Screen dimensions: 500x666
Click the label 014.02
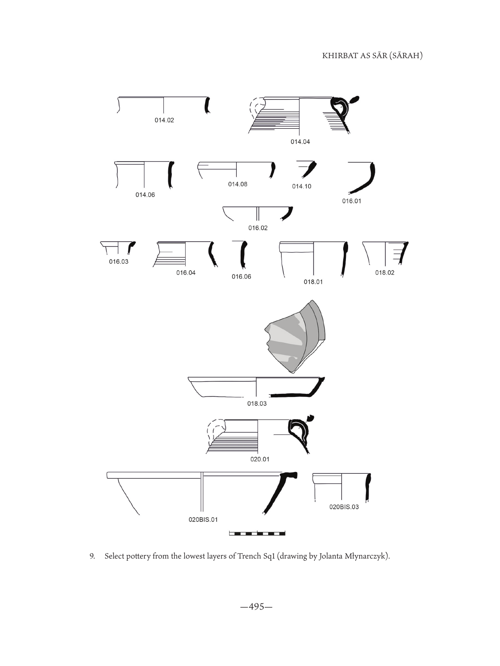(x=164, y=120)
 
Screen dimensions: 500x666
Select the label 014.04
(x=300, y=142)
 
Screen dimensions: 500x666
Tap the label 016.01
(x=351, y=201)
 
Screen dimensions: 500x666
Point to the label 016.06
(x=241, y=277)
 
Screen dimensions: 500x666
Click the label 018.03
(x=257, y=404)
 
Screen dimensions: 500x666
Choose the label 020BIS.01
(x=203, y=519)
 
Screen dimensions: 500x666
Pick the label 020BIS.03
(x=344, y=507)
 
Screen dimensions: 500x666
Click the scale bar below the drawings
(x=257, y=533)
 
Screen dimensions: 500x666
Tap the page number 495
(x=256, y=607)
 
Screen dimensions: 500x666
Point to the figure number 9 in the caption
(x=92, y=556)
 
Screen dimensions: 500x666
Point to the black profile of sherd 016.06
(x=243, y=254)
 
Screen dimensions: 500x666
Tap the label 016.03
(x=119, y=262)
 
